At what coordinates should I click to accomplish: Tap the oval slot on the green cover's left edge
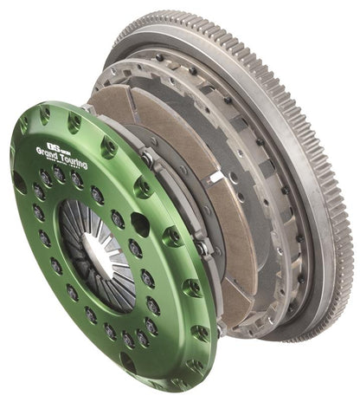pyautogui.click(x=19, y=182)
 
